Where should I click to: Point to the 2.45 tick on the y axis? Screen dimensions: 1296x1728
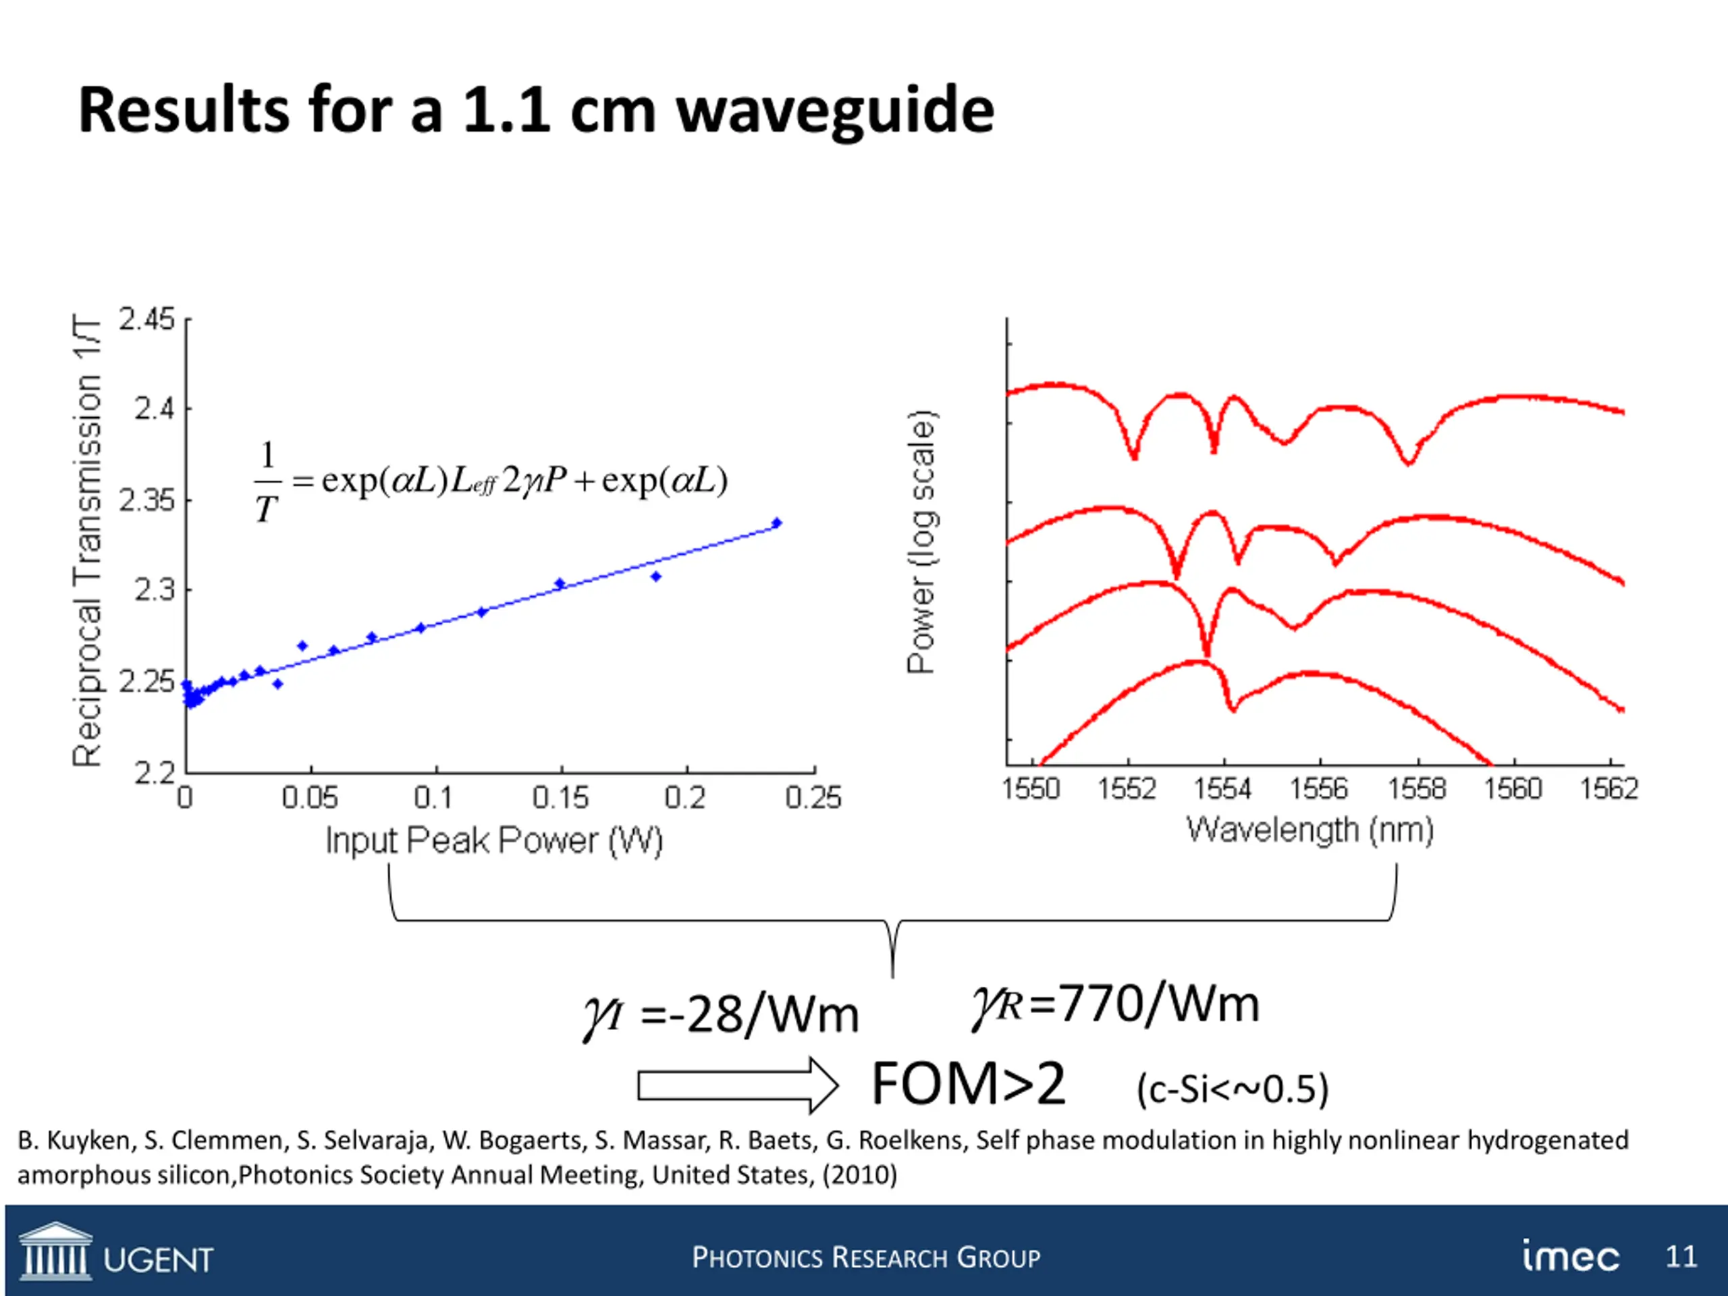click(147, 319)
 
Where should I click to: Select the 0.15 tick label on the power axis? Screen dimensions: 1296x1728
click(560, 798)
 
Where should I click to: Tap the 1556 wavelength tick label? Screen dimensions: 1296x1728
click(1319, 789)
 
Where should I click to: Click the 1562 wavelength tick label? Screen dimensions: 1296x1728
click(1609, 789)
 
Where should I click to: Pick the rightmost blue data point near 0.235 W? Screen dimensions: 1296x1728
click(776, 522)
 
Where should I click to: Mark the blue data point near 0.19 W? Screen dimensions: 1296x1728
click(656, 576)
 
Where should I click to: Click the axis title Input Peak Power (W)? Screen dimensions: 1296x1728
click(493, 840)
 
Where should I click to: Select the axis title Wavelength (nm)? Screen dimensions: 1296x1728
click(1310, 830)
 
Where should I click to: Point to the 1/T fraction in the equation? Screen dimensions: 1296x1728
click(267, 482)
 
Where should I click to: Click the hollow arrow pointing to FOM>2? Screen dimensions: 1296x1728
click(736, 1086)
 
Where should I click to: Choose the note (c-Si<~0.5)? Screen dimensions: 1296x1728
click(1232, 1089)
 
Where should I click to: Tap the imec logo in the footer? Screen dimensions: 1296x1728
click(1570, 1256)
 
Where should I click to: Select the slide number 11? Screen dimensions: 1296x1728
click(1681, 1256)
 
